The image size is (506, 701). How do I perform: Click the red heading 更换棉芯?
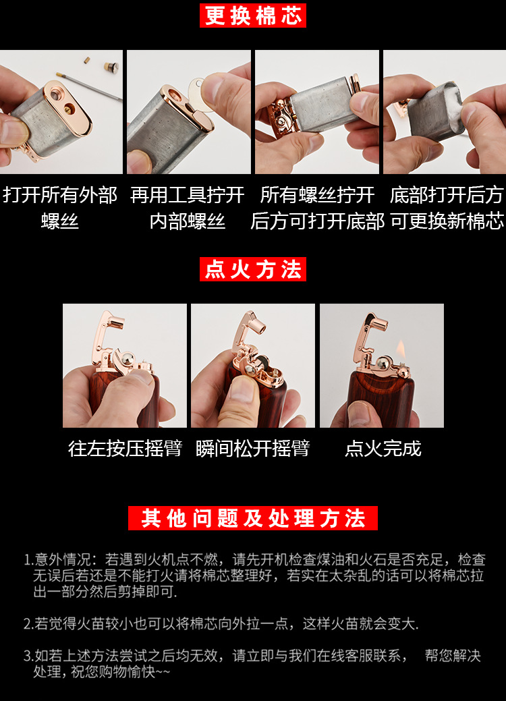(253, 16)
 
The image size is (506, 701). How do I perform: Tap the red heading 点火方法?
(253, 270)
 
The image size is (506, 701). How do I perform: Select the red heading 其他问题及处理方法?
(253, 518)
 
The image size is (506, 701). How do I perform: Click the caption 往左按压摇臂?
(125, 449)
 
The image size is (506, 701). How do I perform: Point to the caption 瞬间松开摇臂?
(253, 449)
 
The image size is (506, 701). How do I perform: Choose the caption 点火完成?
(383, 449)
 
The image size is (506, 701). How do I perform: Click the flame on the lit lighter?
(401, 349)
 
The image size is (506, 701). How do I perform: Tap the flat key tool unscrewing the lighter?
(198, 90)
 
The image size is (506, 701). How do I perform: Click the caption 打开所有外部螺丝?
(60, 208)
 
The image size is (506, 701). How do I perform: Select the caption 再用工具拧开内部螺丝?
(188, 208)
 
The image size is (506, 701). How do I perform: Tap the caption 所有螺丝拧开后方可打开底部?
(317, 208)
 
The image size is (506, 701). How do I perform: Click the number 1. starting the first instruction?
(28, 560)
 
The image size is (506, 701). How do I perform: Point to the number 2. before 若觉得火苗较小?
(28, 624)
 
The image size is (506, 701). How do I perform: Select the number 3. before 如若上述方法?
(28, 656)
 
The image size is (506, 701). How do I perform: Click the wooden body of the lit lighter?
(381, 401)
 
